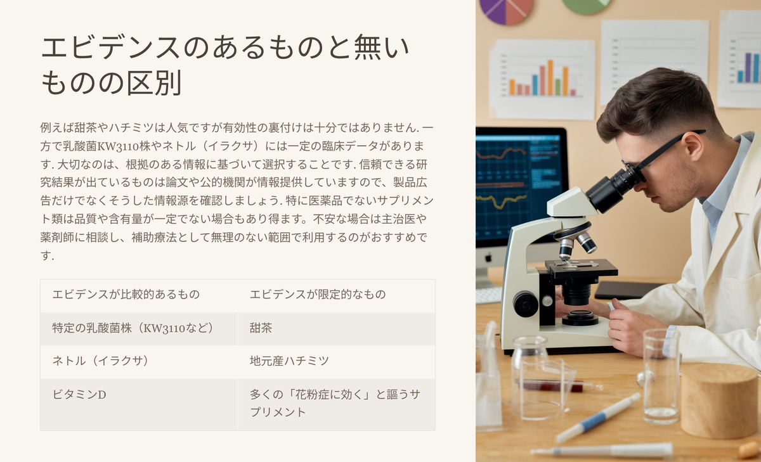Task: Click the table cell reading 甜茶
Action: coord(336,328)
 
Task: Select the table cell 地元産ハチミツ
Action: coord(336,361)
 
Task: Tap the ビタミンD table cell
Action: coord(139,404)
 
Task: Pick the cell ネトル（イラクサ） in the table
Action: coord(139,361)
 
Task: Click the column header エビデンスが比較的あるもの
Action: coord(139,295)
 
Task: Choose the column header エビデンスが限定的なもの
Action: coord(336,295)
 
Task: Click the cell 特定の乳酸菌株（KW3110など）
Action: coord(139,328)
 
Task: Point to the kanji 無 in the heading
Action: coord(368,47)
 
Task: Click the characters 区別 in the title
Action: coord(154,82)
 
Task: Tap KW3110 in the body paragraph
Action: coord(118,146)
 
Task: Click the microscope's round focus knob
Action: coord(525,304)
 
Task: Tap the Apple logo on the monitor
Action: coord(488,258)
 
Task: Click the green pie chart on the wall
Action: coord(587,6)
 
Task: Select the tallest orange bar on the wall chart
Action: coord(550,78)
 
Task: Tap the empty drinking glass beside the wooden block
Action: coord(660,376)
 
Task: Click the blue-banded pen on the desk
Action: coord(598,418)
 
